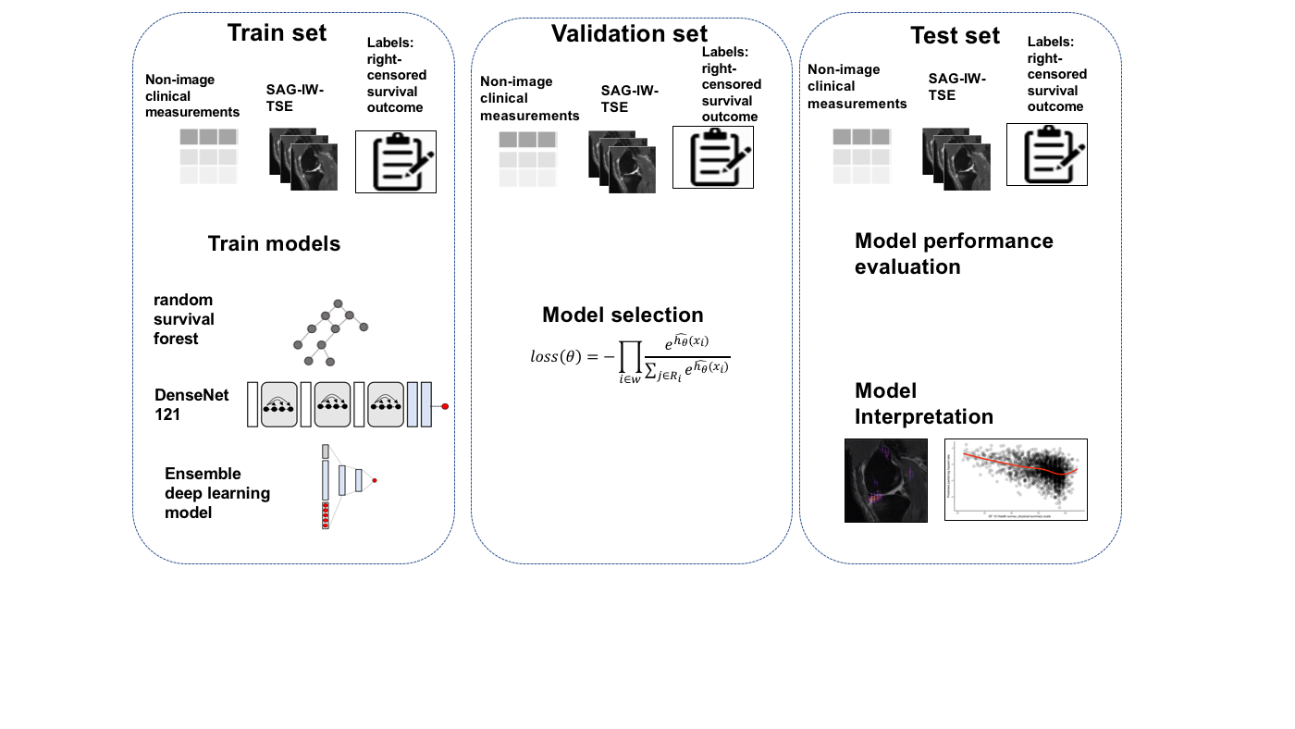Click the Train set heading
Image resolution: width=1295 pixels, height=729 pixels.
[277, 33]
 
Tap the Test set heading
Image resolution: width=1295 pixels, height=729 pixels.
[955, 36]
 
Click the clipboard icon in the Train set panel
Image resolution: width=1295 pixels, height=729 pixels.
[395, 161]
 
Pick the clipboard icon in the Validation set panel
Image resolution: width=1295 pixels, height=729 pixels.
[712, 157]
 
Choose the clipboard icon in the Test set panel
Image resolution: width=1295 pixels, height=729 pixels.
[1046, 154]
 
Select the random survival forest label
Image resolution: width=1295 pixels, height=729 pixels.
[185, 319]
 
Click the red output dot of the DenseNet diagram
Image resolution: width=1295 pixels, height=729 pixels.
[445, 406]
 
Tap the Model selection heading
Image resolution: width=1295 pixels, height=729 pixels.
[623, 315]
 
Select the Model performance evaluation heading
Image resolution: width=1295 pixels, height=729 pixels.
[954, 253]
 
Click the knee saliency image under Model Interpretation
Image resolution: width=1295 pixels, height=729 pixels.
[885, 480]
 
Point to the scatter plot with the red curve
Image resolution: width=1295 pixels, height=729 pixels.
[1015, 479]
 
